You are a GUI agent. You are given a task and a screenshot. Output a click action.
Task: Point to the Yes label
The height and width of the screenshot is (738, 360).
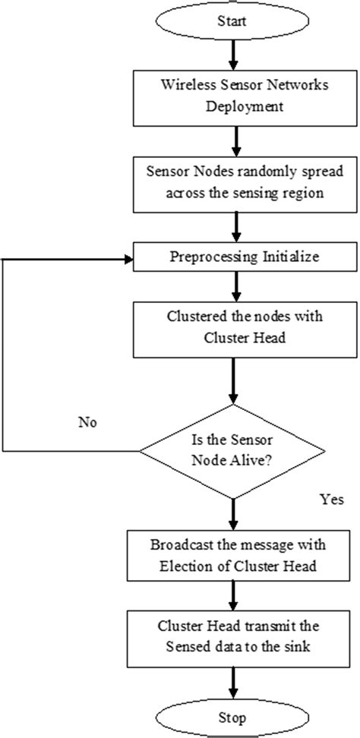332,500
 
